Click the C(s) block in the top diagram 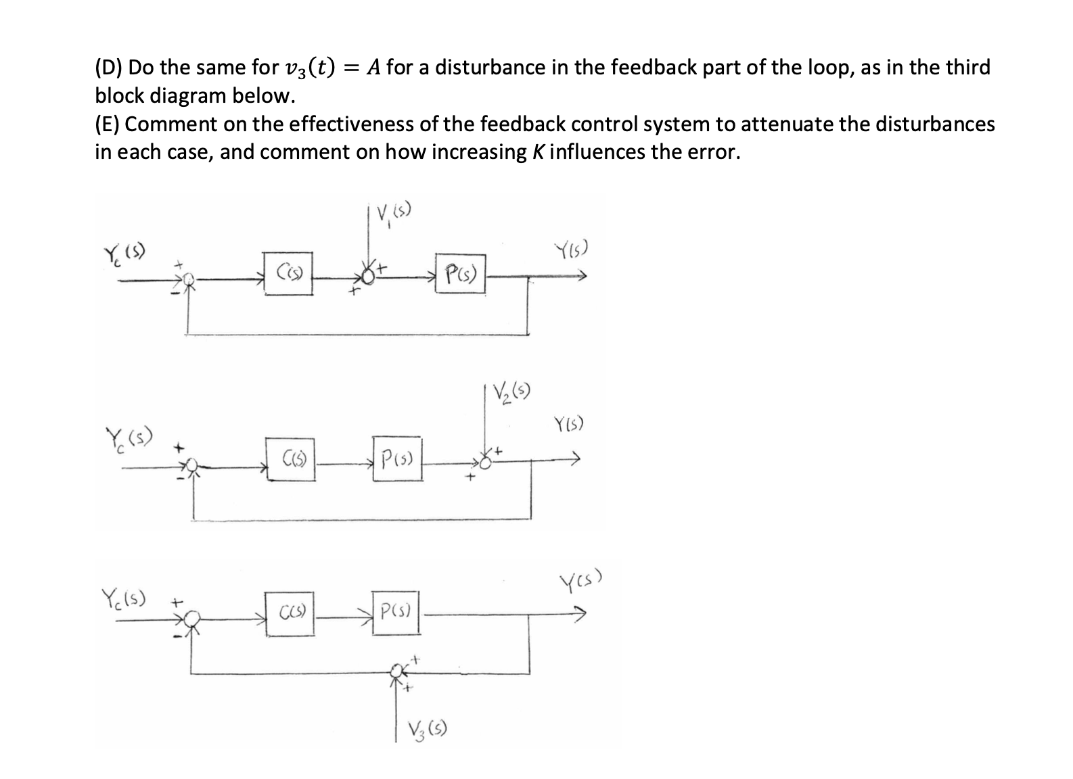(288, 273)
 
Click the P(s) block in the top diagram (460, 274)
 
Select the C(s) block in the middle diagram (291, 461)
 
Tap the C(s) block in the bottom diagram (290, 614)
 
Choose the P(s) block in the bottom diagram (395, 614)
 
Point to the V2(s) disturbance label (511, 392)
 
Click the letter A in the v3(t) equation (372, 67)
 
